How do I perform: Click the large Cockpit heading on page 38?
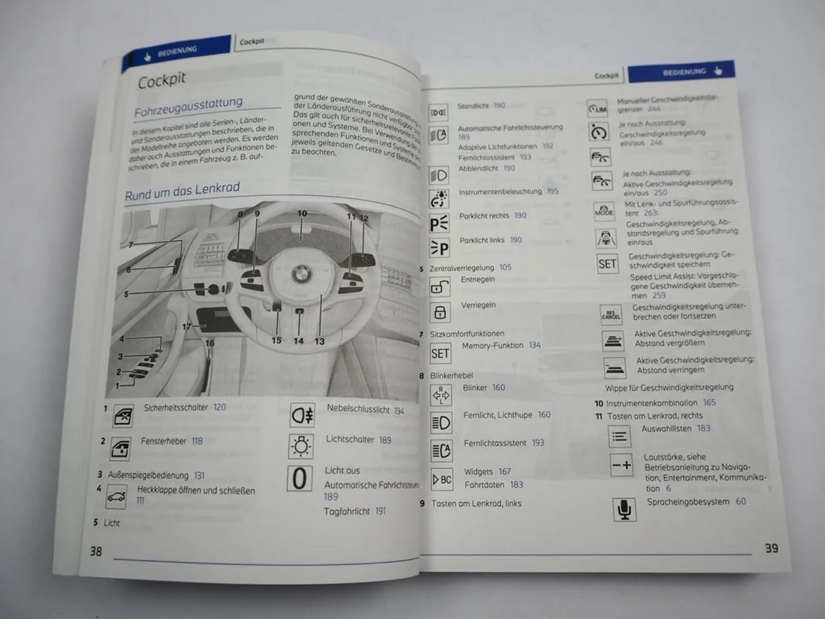162,80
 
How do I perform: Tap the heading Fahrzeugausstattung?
188,106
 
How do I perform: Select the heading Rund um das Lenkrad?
182,191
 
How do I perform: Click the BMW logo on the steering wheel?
301,272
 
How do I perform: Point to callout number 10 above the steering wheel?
302,213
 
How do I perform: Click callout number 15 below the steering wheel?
276,341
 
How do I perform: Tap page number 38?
96,551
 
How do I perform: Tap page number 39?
771,548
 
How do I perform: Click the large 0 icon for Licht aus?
299,479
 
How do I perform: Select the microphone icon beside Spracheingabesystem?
624,509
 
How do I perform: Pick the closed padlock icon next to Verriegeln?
439,313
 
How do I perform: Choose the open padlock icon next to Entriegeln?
439,287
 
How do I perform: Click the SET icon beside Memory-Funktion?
440,353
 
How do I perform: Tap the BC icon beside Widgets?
442,479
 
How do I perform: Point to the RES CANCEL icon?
611,315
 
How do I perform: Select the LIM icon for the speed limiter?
597,109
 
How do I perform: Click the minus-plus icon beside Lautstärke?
621,465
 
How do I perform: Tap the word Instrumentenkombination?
652,403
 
